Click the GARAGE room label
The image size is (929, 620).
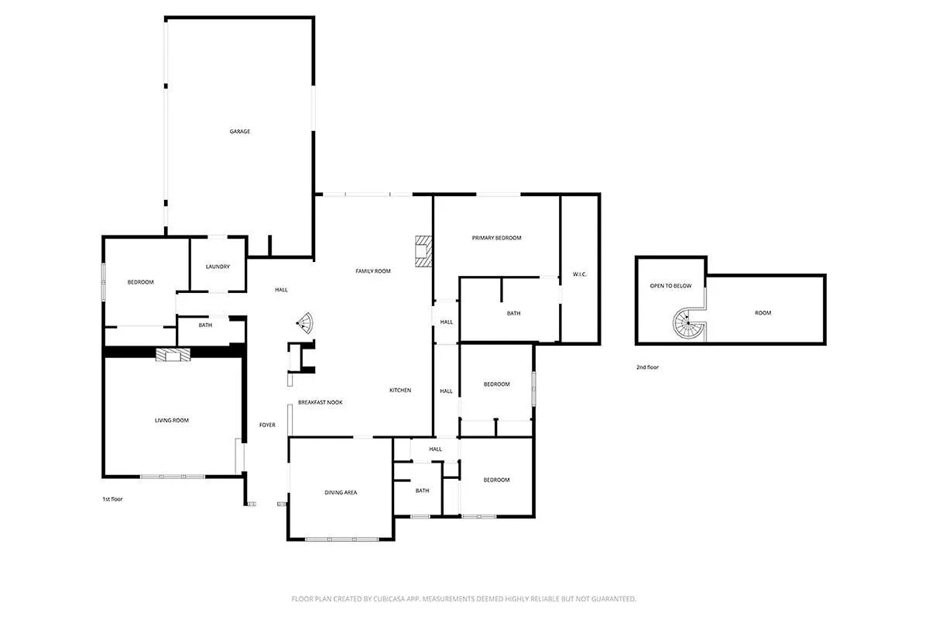tap(239, 132)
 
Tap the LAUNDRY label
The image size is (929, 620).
tap(218, 267)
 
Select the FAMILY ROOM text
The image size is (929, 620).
tap(372, 271)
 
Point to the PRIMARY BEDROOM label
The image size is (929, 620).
tap(496, 238)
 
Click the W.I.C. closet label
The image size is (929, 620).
tap(580, 274)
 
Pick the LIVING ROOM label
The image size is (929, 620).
tap(172, 421)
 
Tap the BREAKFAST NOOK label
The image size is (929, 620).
tap(320, 403)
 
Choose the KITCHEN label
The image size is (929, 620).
tap(400, 391)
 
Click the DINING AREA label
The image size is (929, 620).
tap(340, 493)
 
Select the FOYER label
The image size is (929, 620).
tap(267, 425)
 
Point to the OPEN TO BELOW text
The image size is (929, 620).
tap(670, 286)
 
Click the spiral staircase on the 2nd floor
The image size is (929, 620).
tap(688, 323)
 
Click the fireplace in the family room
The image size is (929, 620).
tap(423, 251)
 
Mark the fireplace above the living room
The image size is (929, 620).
tap(173, 355)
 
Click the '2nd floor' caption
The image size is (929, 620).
tap(647, 367)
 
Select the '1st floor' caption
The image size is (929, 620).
tap(112, 499)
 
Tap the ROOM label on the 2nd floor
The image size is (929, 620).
tap(763, 313)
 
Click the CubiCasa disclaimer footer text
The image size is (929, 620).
tap(464, 599)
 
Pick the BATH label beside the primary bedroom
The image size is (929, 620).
tap(513, 314)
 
